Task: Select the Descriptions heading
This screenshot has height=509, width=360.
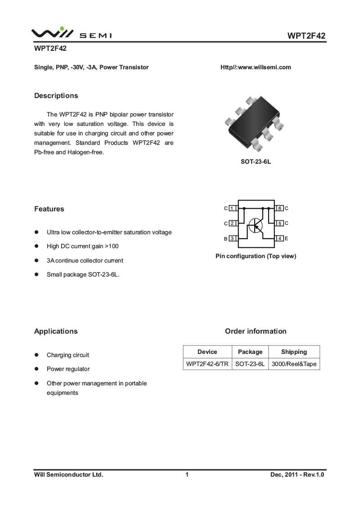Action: pyautogui.click(x=56, y=96)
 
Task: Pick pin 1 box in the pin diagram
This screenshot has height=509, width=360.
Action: pyautogui.click(x=233, y=209)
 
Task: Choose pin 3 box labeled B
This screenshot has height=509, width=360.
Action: pyautogui.click(x=233, y=238)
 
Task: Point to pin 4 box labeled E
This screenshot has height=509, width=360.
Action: pyautogui.click(x=280, y=238)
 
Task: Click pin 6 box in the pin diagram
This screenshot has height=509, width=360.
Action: pyautogui.click(x=280, y=209)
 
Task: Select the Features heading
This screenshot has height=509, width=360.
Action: pyautogui.click(x=49, y=209)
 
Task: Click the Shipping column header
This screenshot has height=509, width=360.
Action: pyautogui.click(x=294, y=352)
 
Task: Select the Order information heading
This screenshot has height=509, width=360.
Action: pyautogui.click(x=256, y=331)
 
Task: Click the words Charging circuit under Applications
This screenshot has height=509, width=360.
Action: pyautogui.click(x=68, y=355)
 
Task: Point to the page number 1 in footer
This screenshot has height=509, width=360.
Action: pyautogui.click(x=186, y=474)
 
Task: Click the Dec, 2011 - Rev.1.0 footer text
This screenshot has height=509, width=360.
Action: pyautogui.click(x=297, y=474)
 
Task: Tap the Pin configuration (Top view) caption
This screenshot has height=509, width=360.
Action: pyautogui.click(x=256, y=256)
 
